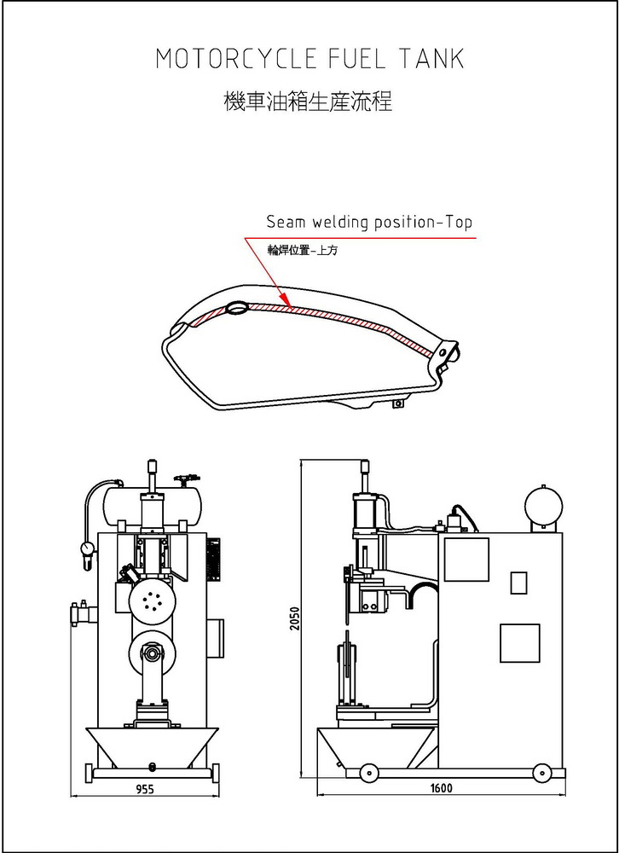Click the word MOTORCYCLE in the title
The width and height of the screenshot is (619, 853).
pos(237,59)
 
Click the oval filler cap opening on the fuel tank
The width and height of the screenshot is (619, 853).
pos(236,308)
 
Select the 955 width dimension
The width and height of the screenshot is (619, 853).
pos(144,789)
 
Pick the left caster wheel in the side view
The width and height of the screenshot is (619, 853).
pos(368,773)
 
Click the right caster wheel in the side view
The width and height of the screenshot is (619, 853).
pos(541,773)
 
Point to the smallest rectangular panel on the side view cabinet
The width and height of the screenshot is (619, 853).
pos(518,583)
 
